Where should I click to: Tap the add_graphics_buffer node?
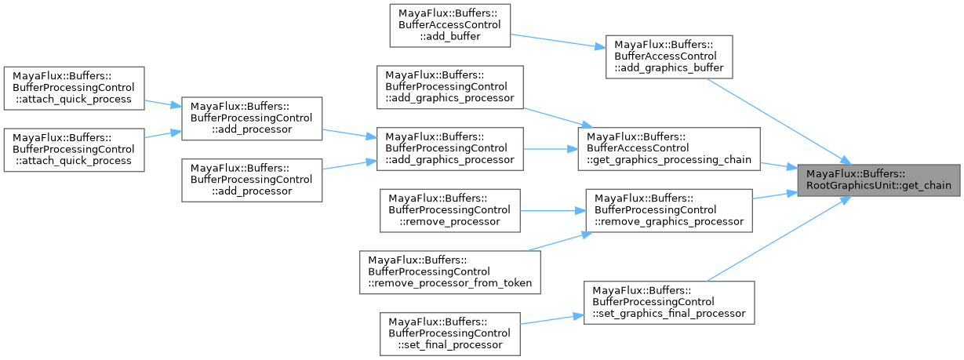(x=669, y=56)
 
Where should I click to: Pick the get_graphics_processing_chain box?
(x=669, y=148)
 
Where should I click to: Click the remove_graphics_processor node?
(x=669, y=209)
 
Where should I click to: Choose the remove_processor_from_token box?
(x=450, y=272)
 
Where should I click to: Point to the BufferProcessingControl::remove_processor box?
(x=450, y=209)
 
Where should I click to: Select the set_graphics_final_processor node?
(x=669, y=302)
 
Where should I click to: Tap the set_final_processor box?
(x=450, y=333)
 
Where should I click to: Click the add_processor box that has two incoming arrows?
(x=252, y=118)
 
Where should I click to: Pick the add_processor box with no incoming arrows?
(x=252, y=180)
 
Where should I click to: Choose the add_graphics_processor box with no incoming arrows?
(x=450, y=87)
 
